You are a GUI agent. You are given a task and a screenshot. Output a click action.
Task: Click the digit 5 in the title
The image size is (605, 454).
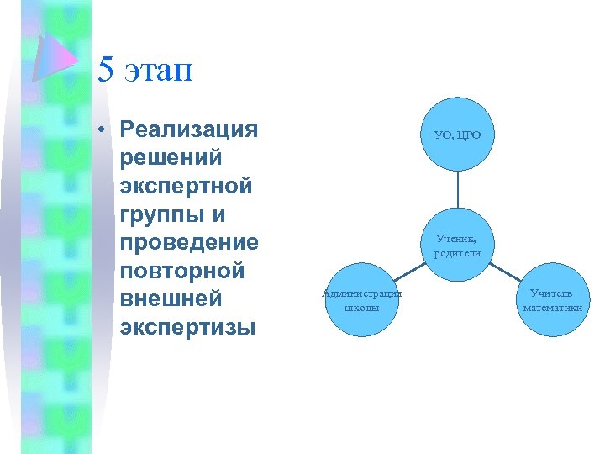pyautogui.click(x=106, y=70)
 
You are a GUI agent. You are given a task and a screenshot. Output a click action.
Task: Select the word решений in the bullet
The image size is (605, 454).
pyautogui.click(x=171, y=157)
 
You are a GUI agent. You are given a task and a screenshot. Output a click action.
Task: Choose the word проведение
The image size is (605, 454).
pyautogui.click(x=189, y=243)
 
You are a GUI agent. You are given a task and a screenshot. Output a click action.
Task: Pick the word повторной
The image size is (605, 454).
pyautogui.click(x=182, y=272)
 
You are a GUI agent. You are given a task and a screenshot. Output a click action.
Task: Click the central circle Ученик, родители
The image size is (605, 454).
pyautogui.click(x=458, y=245)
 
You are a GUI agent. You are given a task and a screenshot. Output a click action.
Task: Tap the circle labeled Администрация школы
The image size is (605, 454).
pyautogui.click(x=362, y=300)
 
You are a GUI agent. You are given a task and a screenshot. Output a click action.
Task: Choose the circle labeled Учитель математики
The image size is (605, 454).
pyautogui.click(x=552, y=300)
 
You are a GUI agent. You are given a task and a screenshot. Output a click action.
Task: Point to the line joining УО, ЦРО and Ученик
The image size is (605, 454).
pyautogui.click(x=458, y=189)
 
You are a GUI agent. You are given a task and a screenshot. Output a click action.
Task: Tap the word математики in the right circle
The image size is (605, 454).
pyautogui.click(x=552, y=308)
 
